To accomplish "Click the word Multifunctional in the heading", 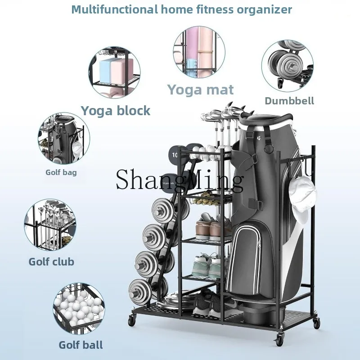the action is [x=114, y=9].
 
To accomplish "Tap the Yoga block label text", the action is [x=116, y=111].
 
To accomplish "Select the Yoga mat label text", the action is [x=200, y=90].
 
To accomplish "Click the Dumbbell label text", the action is [x=289, y=101].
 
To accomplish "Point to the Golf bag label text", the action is [x=61, y=172].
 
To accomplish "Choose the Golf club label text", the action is [x=51, y=262].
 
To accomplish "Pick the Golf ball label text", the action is [x=81, y=345].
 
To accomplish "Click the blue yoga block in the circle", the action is [x=106, y=70].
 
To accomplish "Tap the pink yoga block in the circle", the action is [x=121, y=71].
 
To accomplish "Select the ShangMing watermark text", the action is [x=180, y=179].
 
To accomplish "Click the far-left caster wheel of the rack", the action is [x=132, y=319].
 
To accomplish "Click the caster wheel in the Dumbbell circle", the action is [x=280, y=83].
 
